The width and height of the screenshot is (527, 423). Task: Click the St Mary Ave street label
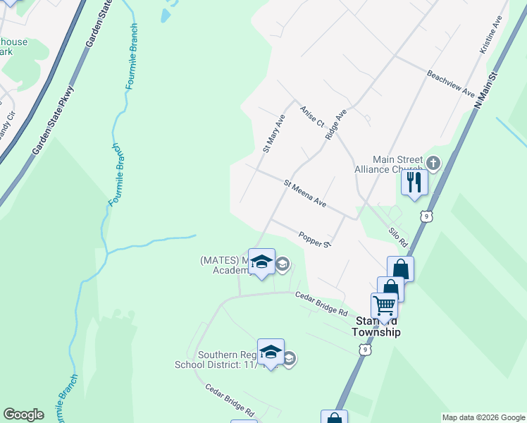click(273, 133)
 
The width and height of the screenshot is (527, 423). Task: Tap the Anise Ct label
click(311, 116)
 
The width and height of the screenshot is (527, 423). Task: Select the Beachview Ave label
click(451, 82)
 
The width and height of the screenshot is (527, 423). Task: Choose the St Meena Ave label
click(305, 193)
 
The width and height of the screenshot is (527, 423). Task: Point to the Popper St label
click(314, 240)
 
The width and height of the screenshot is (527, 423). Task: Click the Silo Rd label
click(398, 235)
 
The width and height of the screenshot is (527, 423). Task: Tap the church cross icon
click(433, 164)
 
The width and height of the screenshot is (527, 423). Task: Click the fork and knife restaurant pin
click(414, 182)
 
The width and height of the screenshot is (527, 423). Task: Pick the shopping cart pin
click(384, 305)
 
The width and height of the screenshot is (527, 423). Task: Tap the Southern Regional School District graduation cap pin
click(271, 352)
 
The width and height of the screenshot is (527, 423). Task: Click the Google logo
click(23, 415)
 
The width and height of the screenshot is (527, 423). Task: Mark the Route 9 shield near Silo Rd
click(424, 216)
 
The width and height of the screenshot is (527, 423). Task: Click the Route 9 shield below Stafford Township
click(364, 348)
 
